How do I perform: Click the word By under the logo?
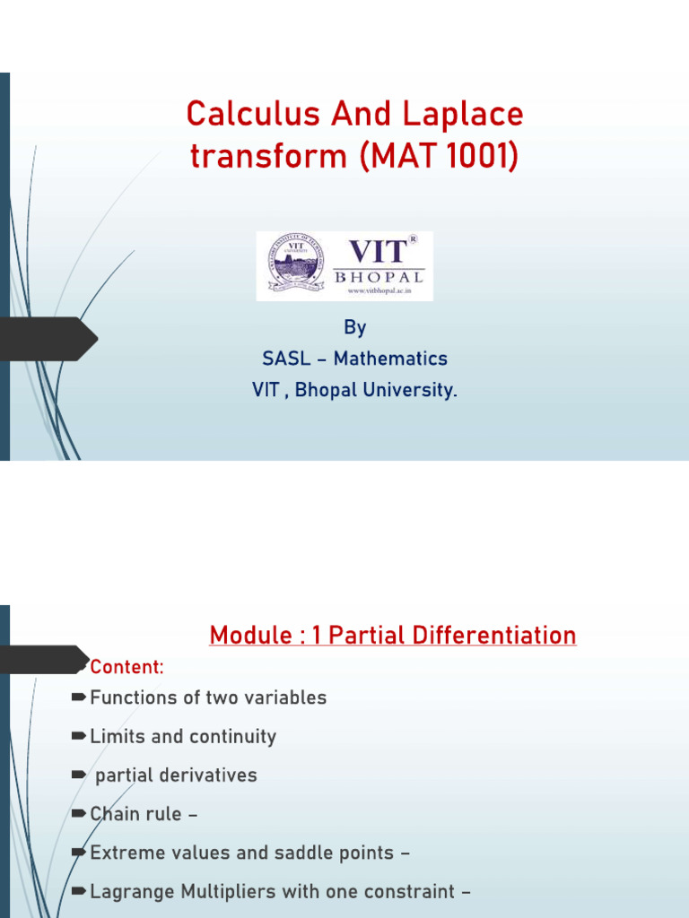coord(354,328)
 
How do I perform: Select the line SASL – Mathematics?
coord(354,359)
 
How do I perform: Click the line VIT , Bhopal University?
coord(354,391)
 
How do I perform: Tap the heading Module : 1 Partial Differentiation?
coord(392,636)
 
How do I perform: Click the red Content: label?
coord(126,668)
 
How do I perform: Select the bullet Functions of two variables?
coord(208,697)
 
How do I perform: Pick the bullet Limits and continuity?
coord(183,737)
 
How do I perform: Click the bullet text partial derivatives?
coord(176,775)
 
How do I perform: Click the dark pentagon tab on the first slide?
coord(49,339)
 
